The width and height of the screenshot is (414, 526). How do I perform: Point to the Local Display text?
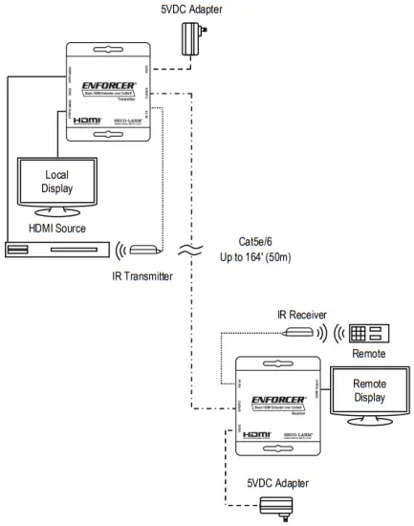[x=56, y=182]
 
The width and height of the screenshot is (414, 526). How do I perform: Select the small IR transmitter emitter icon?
[x=145, y=250]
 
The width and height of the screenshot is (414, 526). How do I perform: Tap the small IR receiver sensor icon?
[x=300, y=333]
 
